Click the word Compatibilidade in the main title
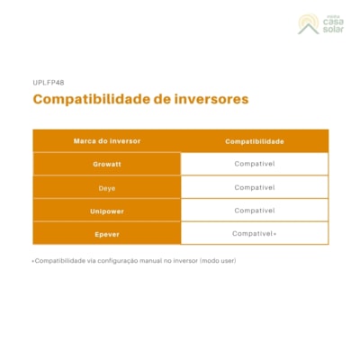click(x=85, y=98)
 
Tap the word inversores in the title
click(x=208, y=98)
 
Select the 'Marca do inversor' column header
click(x=106, y=141)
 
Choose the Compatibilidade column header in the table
click(x=255, y=141)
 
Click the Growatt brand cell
click(x=106, y=164)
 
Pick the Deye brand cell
click(x=106, y=187)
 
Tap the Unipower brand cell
click(x=106, y=210)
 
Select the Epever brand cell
click(x=106, y=233)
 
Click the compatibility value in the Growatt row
click(x=255, y=164)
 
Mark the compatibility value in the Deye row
click(x=255, y=187)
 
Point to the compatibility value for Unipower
click(x=255, y=210)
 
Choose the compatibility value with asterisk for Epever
click(x=255, y=233)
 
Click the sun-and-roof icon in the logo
click(x=308, y=24)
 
